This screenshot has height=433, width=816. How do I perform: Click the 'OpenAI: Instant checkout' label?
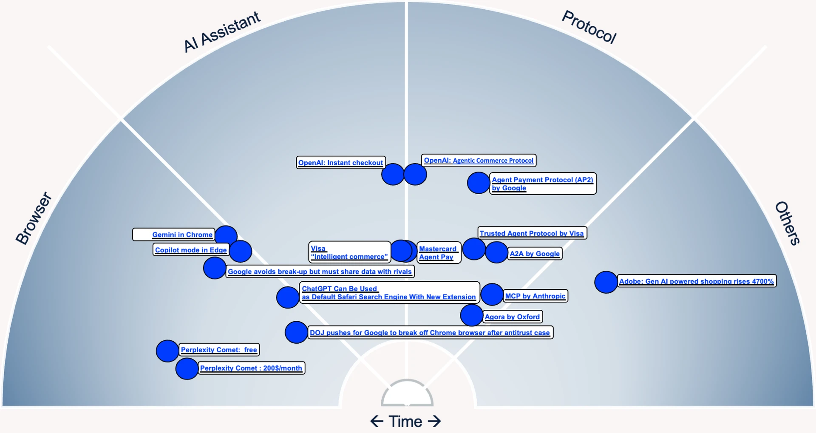(x=340, y=163)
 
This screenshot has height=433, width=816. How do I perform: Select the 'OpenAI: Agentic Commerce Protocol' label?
(x=479, y=161)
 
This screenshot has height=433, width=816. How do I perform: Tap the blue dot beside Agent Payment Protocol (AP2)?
(x=478, y=183)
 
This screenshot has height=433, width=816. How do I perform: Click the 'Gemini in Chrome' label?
(x=182, y=235)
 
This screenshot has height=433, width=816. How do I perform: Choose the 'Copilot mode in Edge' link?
(x=191, y=250)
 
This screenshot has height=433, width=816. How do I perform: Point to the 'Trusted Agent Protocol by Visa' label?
(x=532, y=233)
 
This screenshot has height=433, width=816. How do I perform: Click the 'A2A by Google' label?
(x=535, y=254)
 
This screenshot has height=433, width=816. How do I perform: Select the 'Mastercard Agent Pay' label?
(x=438, y=253)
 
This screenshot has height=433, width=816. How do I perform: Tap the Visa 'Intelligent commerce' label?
(x=349, y=252)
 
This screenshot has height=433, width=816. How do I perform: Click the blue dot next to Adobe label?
(x=606, y=282)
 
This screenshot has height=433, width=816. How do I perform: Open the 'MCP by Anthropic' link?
(x=535, y=296)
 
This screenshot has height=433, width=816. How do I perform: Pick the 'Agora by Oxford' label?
(x=512, y=317)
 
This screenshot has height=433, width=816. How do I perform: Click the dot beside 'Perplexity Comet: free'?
(x=167, y=351)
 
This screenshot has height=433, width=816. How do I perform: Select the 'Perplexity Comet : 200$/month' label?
(x=251, y=368)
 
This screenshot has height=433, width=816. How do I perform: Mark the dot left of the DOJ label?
(x=296, y=332)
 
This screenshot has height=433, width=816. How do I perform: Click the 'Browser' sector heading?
(x=34, y=218)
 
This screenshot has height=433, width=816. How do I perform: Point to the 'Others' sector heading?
(x=788, y=223)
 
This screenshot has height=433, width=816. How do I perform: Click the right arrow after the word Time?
(x=434, y=421)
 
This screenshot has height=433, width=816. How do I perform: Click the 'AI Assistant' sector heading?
(x=221, y=32)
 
